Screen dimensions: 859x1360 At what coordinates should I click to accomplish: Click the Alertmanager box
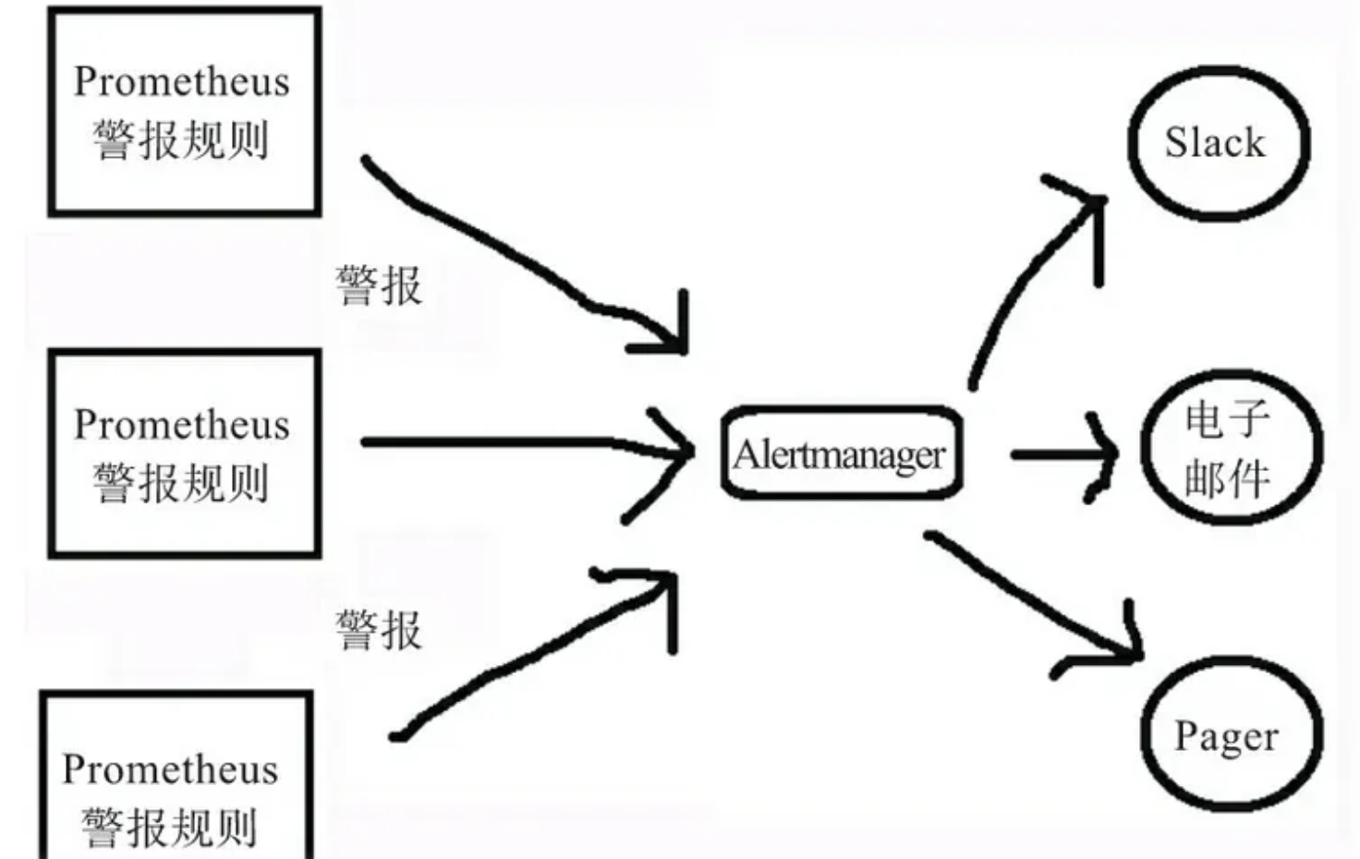pyautogui.click(x=841, y=453)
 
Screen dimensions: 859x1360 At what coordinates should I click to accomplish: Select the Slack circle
pyautogui.click(x=1218, y=143)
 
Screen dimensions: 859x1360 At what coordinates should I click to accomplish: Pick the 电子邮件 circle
pyautogui.click(x=1231, y=448)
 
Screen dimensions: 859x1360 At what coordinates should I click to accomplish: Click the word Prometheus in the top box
pyautogui.click(x=182, y=81)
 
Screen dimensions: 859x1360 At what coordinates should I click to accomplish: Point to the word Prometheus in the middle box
pyautogui.click(x=182, y=425)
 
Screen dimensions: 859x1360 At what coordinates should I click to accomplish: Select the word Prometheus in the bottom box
pyautogui.click(x=170, y=769)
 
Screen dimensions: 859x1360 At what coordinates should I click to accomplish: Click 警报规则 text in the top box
pyautogui.click(x=182, y=140)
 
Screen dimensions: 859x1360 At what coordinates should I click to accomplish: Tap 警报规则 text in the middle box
pyautogui.click(x=182, y=483)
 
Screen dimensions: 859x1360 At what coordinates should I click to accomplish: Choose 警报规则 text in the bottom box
pyautogui.click(x=170, y=828)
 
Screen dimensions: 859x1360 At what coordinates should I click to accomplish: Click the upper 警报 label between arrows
pyautogui.click(x=379, y=285)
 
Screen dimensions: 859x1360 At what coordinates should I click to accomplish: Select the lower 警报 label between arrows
pyautogui.click(x=379, y=631)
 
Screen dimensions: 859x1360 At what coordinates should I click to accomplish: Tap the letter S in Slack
pyautogui.click(x=1175, y=143)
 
